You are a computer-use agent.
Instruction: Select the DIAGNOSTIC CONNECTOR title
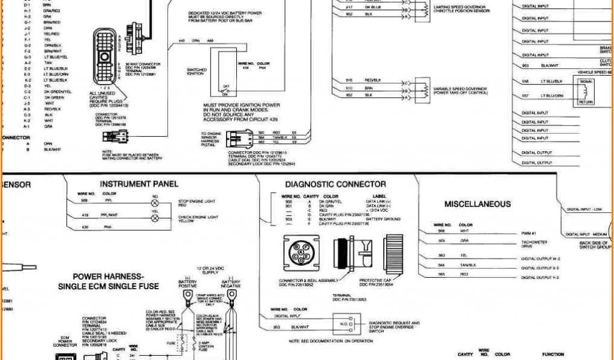tap(335, 184)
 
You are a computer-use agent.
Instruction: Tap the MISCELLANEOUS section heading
tap(477, 204)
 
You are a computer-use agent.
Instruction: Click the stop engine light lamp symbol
tap(154, 202)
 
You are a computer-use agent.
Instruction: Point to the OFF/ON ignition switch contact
tap(225, 90)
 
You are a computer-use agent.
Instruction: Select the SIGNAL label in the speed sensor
tap(586, 80)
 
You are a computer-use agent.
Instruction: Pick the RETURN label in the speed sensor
tap(586, 102)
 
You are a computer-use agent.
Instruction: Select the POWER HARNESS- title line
tap(108, 277)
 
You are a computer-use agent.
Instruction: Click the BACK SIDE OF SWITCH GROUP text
tap(595, 245)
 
